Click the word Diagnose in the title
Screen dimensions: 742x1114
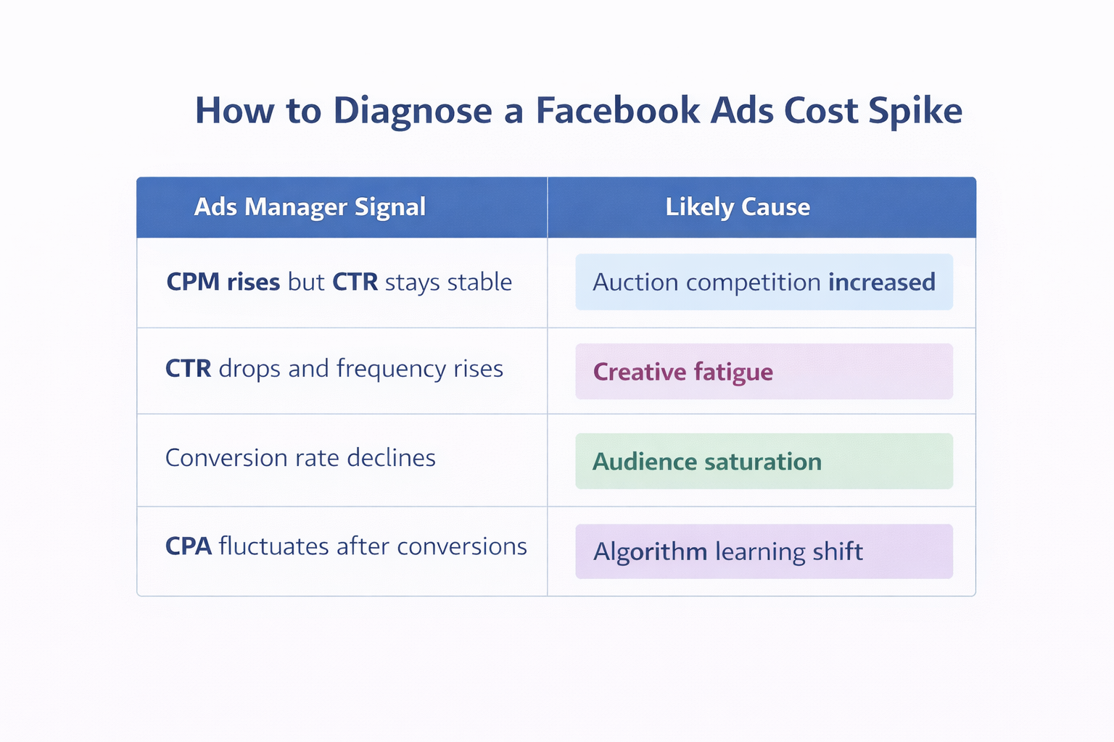coord(412,112)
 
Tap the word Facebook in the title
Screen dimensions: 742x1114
coord(618,112)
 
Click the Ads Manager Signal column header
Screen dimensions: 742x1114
coord(310,207)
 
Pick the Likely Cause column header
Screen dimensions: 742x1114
coord(738,207)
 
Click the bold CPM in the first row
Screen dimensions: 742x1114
coord(193,282)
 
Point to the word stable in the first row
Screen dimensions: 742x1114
coord(479,282)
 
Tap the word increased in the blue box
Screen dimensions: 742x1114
coord(881,282)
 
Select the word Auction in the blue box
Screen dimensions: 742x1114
coord(635,282)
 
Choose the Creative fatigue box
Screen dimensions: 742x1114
coord(764,372)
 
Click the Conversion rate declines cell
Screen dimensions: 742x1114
coord(300,458)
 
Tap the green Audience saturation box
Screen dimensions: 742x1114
coord(764,462)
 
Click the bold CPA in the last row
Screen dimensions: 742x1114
coord(189,546)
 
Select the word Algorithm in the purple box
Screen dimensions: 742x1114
coord(650,552)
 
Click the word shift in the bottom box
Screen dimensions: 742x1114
coord(838,552)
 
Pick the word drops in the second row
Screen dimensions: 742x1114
coord(249,369)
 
